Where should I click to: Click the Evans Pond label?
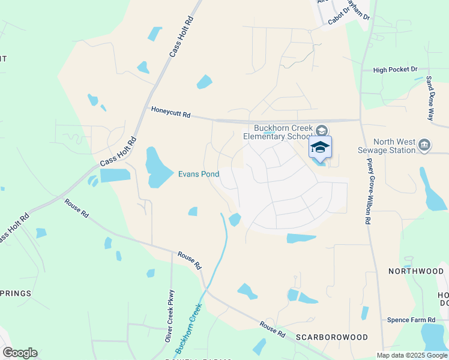[x=198, y=175]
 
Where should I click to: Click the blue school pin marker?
[x=320, y=147]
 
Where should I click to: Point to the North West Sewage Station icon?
[x=424, y=145]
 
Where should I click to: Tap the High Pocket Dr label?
[x=395, y=70]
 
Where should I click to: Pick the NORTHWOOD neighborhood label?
[x=416, y=271]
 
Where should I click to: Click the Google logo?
[x=20, y=353]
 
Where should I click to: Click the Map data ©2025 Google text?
[x=411, y=355]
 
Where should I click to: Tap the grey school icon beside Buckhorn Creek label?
[x=322, y=130]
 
